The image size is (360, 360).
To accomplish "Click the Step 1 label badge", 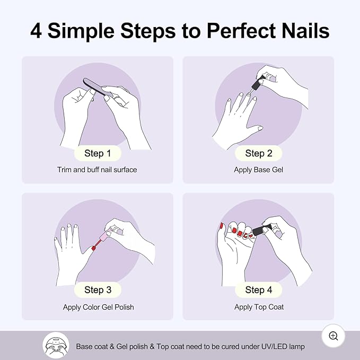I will (x=98, y=153).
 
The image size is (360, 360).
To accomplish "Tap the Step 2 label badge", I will (x=258, y=153).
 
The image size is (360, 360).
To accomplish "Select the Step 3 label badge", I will (x=98, y=289).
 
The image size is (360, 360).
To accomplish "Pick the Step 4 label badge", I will (x=258, y=289).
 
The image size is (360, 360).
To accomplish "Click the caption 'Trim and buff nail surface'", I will (x=98, y=170).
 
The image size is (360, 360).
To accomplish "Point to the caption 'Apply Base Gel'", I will (x=258, y=170).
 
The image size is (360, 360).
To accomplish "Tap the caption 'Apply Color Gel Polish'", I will (x=98, y=307).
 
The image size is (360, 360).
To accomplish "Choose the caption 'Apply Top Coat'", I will (x=259, y=307).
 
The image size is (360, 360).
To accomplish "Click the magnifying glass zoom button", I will (x=333, y=336).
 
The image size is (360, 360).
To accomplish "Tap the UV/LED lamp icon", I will (x=56, y=346).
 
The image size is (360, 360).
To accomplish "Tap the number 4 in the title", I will (x=36, y=30).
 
